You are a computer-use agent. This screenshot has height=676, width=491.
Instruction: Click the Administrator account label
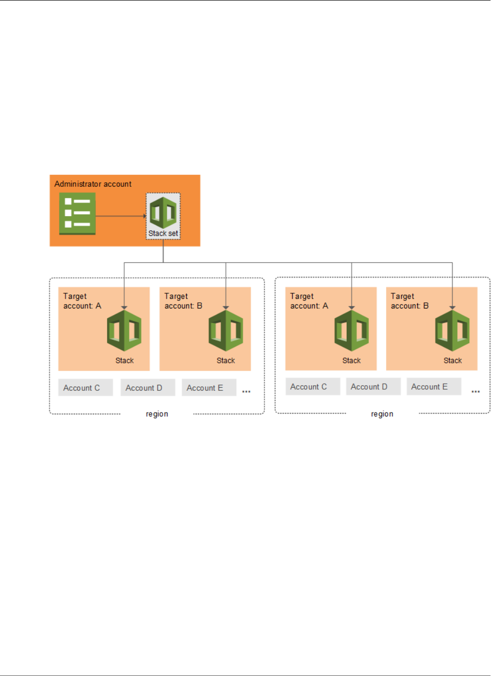(x=93, y=184)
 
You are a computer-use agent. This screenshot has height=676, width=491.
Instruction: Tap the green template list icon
(x=77, y=214)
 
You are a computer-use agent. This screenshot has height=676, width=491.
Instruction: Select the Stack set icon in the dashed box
(x=163, y=213)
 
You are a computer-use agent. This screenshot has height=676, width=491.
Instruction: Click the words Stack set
(x=163, y=234)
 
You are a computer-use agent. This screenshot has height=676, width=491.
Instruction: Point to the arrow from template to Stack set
(x=121, y=216)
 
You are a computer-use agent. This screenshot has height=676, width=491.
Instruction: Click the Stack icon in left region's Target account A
(x=124, y=331)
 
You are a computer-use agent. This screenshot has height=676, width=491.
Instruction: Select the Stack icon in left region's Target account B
(x=226, y=331)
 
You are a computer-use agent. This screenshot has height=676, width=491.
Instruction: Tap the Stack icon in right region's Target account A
(x=351, y=331)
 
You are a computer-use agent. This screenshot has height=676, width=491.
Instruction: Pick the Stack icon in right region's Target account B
(x=452, y=331)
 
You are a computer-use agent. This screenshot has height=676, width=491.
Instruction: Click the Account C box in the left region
(x=85, y=388)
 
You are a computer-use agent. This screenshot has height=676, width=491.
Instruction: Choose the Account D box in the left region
(x=147, y=388)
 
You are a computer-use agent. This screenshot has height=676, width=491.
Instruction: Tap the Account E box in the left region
(x=208, y=388)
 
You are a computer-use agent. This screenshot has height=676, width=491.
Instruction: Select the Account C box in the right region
(x=312, y=387)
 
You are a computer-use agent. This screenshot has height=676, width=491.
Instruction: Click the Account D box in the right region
(x=373, y=387)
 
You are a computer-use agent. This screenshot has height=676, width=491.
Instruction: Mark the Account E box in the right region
(x=433, y=387)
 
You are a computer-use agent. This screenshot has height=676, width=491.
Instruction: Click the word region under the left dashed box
(x=157, y=414)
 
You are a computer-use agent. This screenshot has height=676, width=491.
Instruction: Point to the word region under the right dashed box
(x=382, y=414)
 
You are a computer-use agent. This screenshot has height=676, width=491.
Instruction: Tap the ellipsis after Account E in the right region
(x=475, y=392)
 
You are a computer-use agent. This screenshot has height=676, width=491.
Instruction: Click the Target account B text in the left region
(x=183, y=301)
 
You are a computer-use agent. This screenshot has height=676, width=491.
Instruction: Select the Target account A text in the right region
(x=309, y=301)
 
